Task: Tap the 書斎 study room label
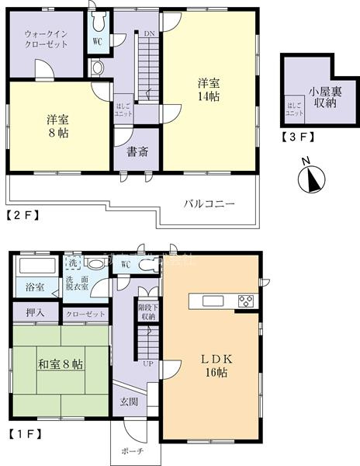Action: (x=137, y=152)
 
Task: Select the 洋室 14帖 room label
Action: (x=207, y=89)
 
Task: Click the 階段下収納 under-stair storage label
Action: (x=147, y=311)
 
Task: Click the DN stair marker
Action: (x=149, y=33)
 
